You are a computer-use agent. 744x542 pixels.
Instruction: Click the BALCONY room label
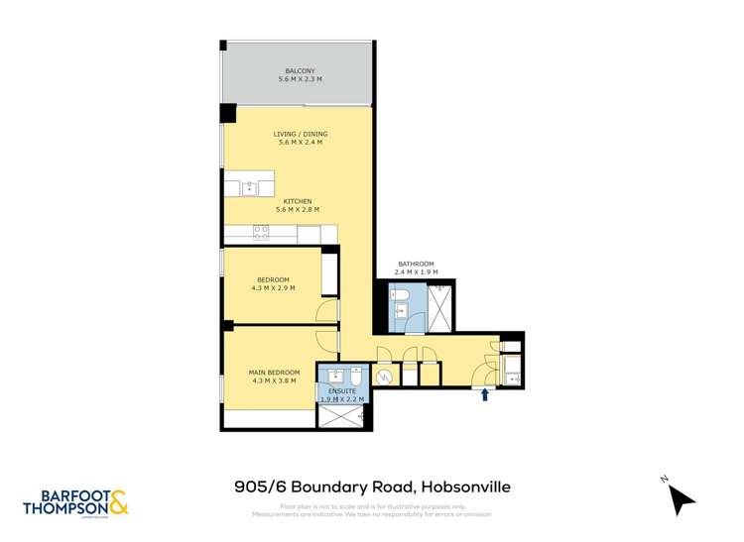tap(300, 71)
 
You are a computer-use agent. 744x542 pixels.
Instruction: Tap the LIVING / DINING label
tap(300, 134)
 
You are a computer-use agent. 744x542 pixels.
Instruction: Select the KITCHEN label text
tap(298, 201)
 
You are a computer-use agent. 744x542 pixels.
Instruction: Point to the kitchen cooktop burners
tap(261, 234)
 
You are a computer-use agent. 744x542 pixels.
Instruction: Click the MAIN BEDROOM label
tap(274, 372)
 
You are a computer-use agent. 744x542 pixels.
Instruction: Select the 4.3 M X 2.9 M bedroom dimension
tap(274, 287)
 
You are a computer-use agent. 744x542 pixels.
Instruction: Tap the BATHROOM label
tap(414, 264)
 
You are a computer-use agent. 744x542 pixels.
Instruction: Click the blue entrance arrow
tap(484, 394)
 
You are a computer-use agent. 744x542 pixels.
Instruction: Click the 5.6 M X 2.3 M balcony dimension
tap(300, 80)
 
